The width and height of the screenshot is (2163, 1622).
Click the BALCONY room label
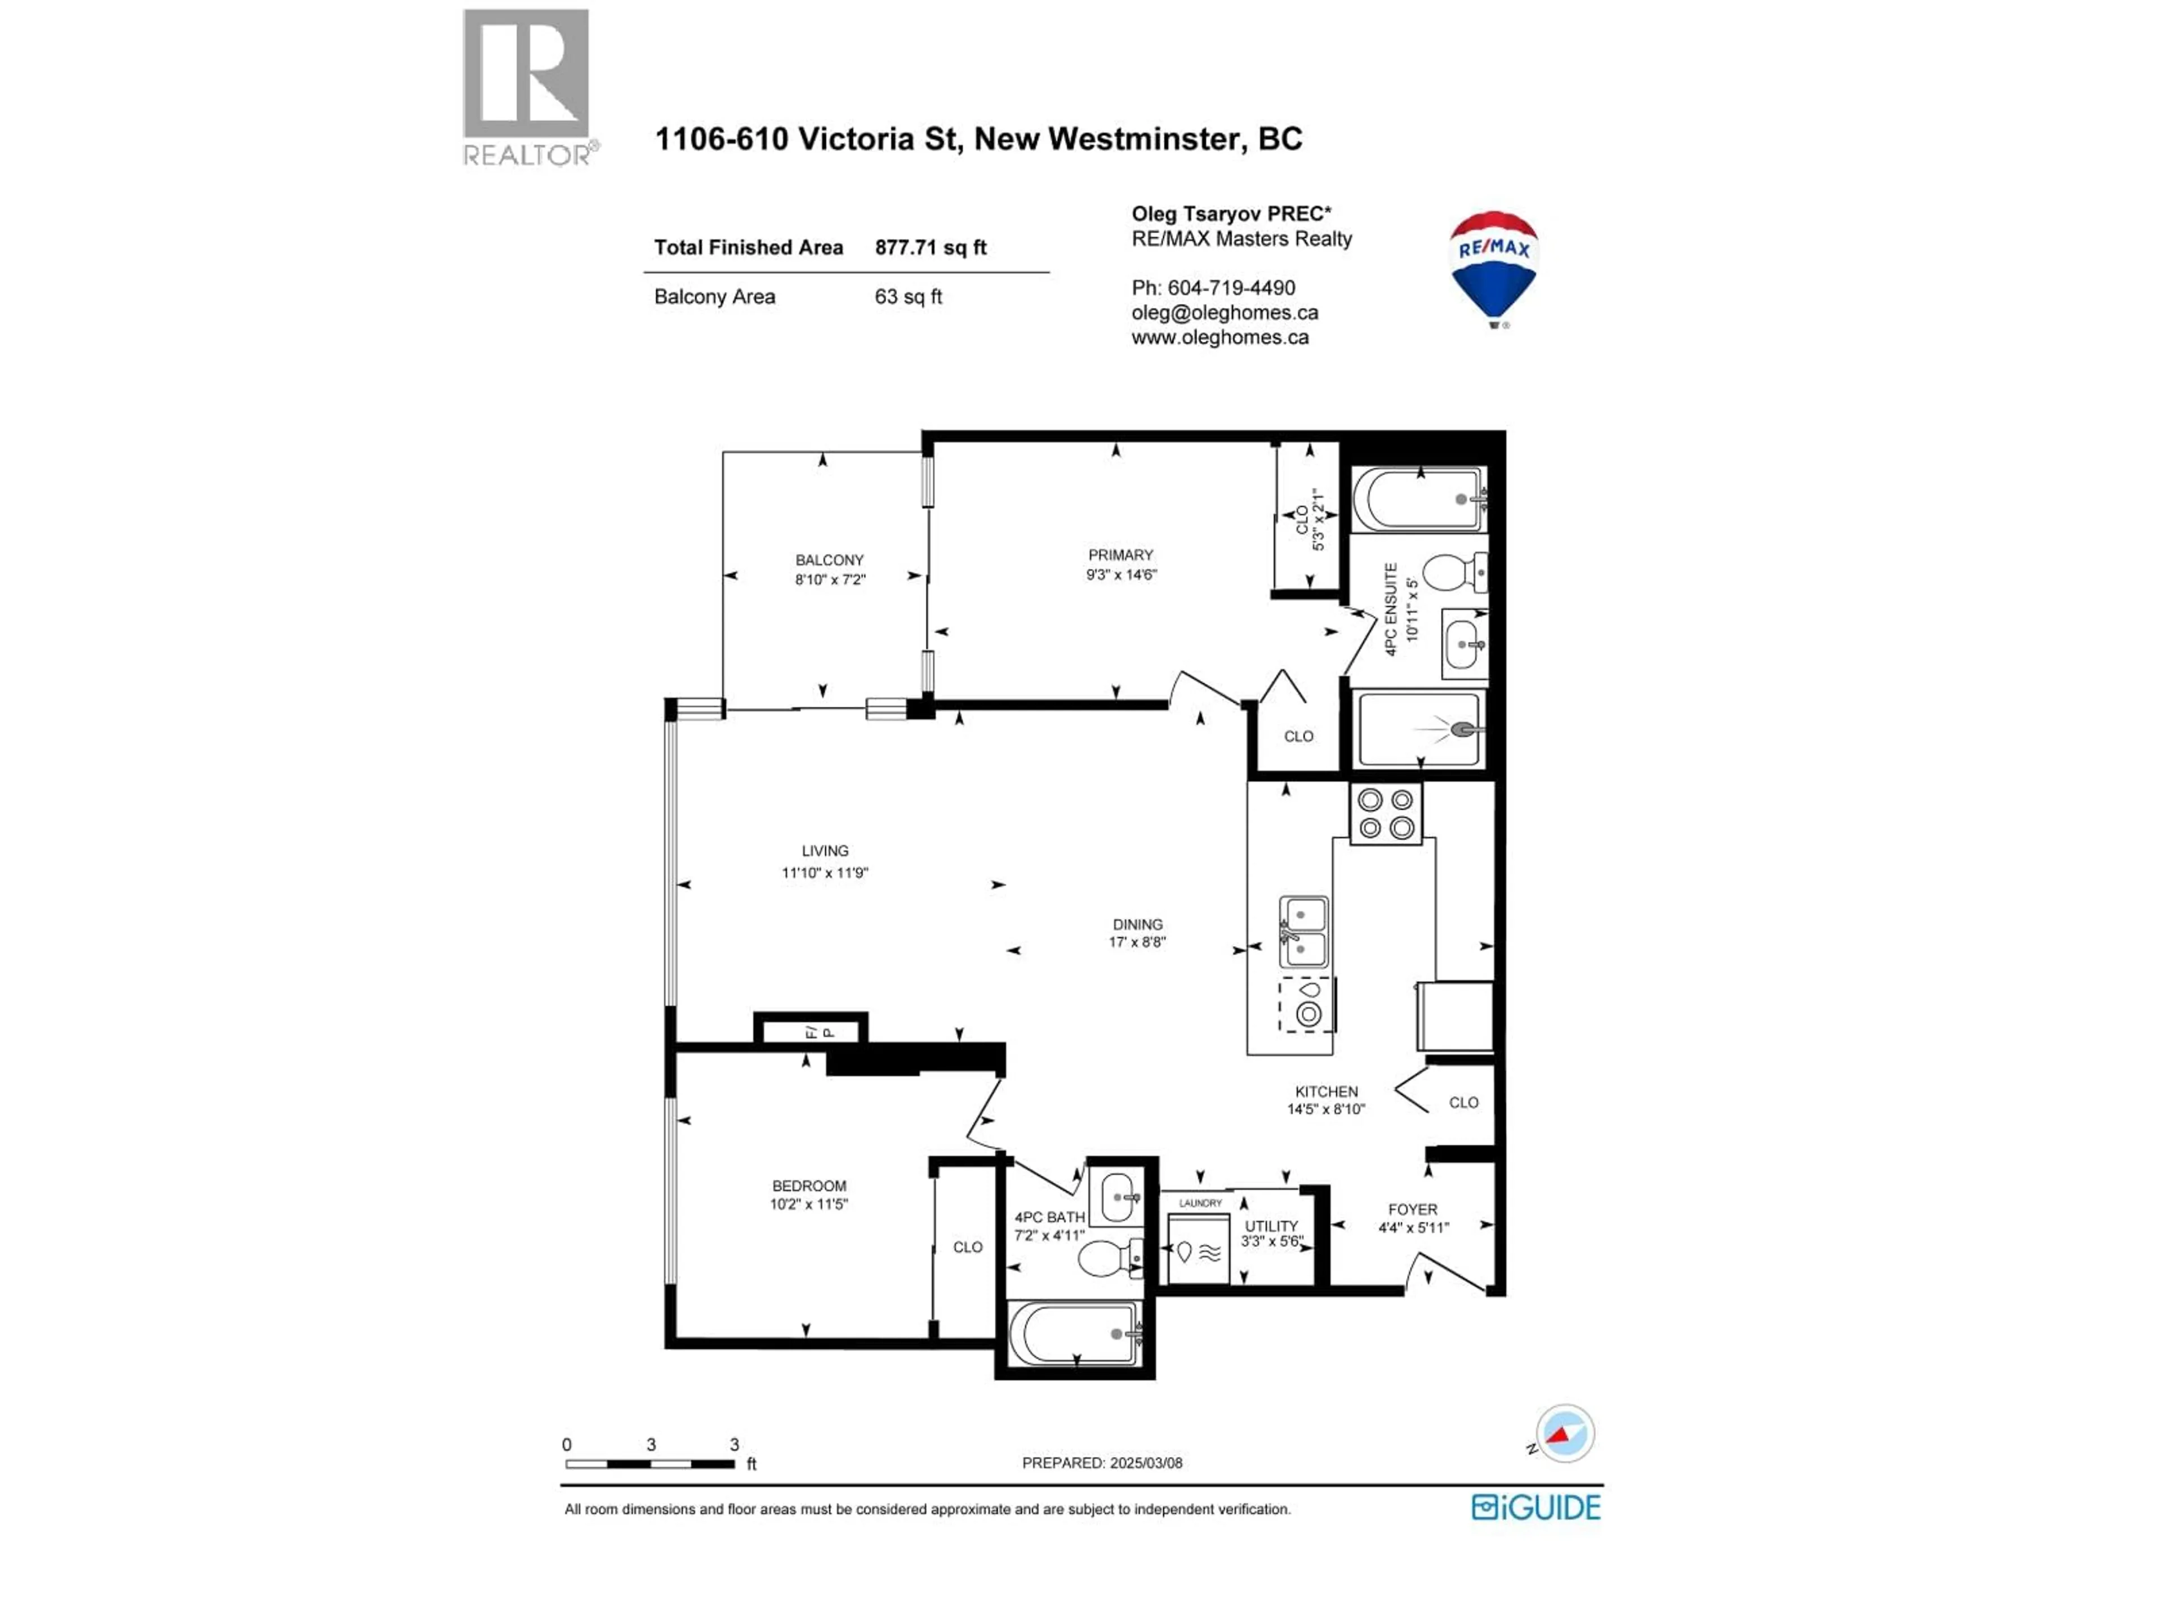829,560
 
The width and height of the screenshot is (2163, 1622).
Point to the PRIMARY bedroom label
1120,554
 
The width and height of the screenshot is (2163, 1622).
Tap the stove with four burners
1386,813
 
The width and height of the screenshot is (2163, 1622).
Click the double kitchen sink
1303,932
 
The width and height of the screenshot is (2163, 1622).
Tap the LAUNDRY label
1200,1202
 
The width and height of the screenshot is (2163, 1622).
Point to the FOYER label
1412,1209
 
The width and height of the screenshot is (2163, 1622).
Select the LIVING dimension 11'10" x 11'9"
824,872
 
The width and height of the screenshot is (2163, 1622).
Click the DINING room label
1137,924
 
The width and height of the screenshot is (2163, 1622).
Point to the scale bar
650,1464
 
